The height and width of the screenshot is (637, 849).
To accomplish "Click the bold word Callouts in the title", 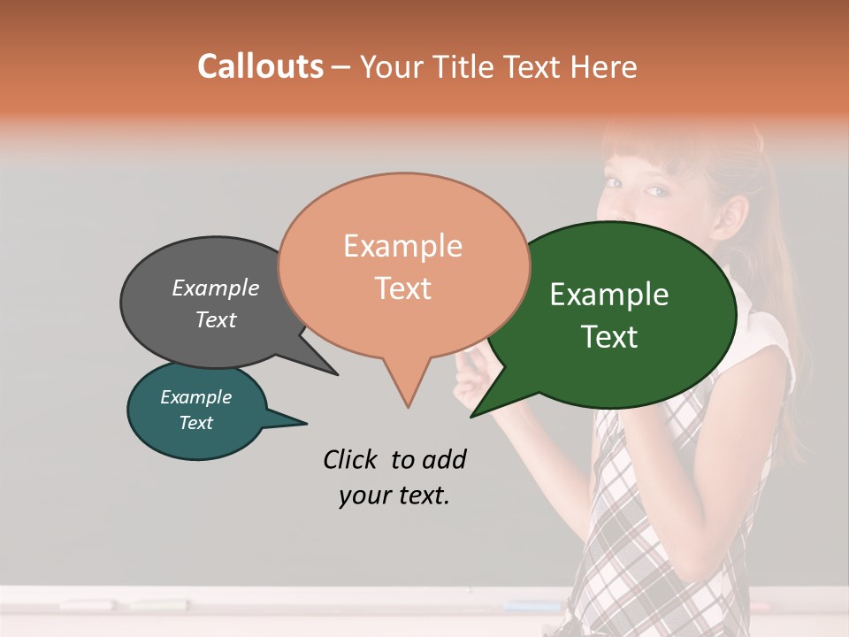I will pyautogui.click(x=260, y=66).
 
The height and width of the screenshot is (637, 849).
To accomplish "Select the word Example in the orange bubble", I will pyautogui.click(x=402, y=246).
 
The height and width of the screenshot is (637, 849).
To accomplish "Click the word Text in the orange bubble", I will pyautogui.click(x=402, y=288).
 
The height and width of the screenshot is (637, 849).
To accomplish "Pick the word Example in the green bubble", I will pyautogui.click(x=609, y=295).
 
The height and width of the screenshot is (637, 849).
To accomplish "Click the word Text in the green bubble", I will pyautogui.click(x=609, y=337).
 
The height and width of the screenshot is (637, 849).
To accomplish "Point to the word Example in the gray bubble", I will pyautogui.click(x=216, y=288).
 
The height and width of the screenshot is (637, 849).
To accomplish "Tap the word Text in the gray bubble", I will pyautogui.click(x=216, y=320).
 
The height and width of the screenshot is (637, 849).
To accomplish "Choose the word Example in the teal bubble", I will pyautogui.click(x=195, y=397).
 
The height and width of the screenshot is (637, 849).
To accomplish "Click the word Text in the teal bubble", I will pyautogui.click(x=195, y=423).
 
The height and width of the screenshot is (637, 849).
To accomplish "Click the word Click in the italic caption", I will pyautogui.click(x=351, y=459).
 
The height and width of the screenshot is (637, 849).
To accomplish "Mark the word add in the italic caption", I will pyautogui.click(x=443, y=459).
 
